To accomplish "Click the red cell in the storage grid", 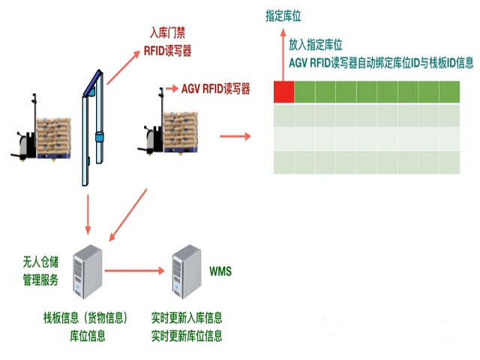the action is [x=283, y=91].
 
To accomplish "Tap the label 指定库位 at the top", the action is [x=283, y=16].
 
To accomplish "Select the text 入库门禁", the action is [x=167, y=33].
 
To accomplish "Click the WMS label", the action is [x=220, y=271].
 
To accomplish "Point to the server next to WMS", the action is [x=187, y=271].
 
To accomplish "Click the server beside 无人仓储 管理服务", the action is [x=88, y=271].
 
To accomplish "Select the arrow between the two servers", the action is [x=135, y=271].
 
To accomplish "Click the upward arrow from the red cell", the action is [x=283, y=55].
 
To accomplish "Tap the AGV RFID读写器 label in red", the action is [x=215, y=88].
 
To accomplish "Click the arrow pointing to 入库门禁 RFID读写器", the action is [x=123, y=67].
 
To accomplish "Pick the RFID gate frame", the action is [x=92, y=127].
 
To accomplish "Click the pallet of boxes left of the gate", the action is [x=54, y=138].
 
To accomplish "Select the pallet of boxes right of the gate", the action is [x=181, y=132].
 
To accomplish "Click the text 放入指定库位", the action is [x=315, y=45].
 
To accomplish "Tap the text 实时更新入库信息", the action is [x=187, y=318].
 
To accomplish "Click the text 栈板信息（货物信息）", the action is [x=85, y=318].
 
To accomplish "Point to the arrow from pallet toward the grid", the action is [x=235, y=136].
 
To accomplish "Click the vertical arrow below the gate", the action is [x=88, y=214].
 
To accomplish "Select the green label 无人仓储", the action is [x=40, y=262].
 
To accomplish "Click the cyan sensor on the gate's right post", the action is [x=100, y=136].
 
